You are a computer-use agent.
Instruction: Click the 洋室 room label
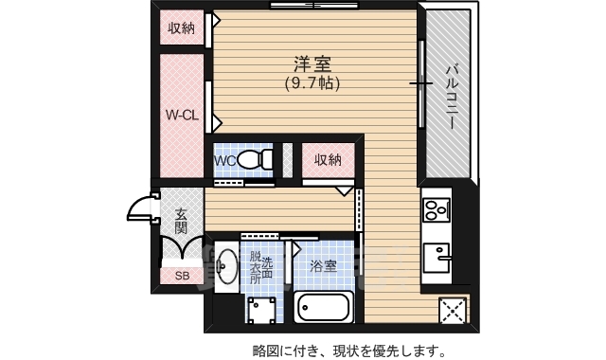pyautogui.click(x=312, y=65)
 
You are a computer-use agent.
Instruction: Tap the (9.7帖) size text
pyautogui.click(x=312, y=83)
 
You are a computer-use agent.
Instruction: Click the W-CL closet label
pyautogui.click(x=182, y=116)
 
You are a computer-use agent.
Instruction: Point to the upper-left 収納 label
pyautogui.click(x=182, y=27)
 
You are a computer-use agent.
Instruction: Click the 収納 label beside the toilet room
pyautogui.click(x=328, y=159)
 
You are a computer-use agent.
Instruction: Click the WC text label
pyautogui.click(x=224, y=161)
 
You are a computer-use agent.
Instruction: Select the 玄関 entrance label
pyautogui.click(x=181, y=221)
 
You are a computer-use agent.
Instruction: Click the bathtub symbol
pyautogui.click(x=324, y=308)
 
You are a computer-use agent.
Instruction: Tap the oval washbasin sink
pyautogui.click(x=226, y=267)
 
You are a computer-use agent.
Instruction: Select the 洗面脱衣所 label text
pyautogui.click(x=260, y=267)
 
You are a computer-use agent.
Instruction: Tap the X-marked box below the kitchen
pyautogui.click(x=453, y=309)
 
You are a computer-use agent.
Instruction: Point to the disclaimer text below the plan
pyautogui.click(x=348, y=350)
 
